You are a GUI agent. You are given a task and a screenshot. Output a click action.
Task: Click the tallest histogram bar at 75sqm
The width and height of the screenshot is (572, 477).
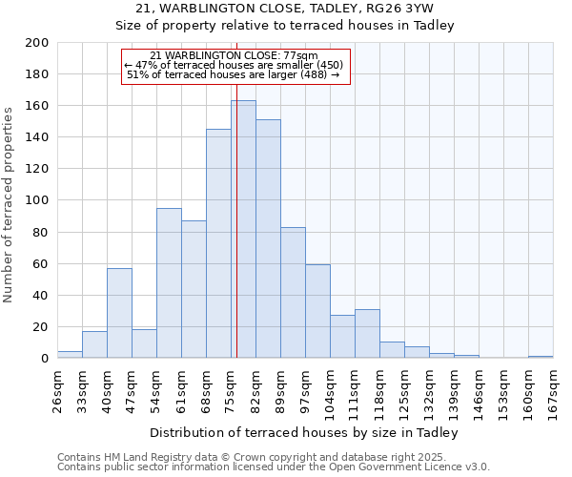click(243, 229)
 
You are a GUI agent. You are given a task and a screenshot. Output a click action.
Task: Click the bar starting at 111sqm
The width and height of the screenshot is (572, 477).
click(367, 334)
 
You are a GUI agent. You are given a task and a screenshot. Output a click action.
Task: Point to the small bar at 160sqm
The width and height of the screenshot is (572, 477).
click(541, 357)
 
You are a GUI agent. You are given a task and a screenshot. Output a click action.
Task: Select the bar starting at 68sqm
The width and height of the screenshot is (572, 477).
click(218, 243)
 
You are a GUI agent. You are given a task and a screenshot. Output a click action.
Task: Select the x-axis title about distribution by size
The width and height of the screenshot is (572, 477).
click(305, 433)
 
